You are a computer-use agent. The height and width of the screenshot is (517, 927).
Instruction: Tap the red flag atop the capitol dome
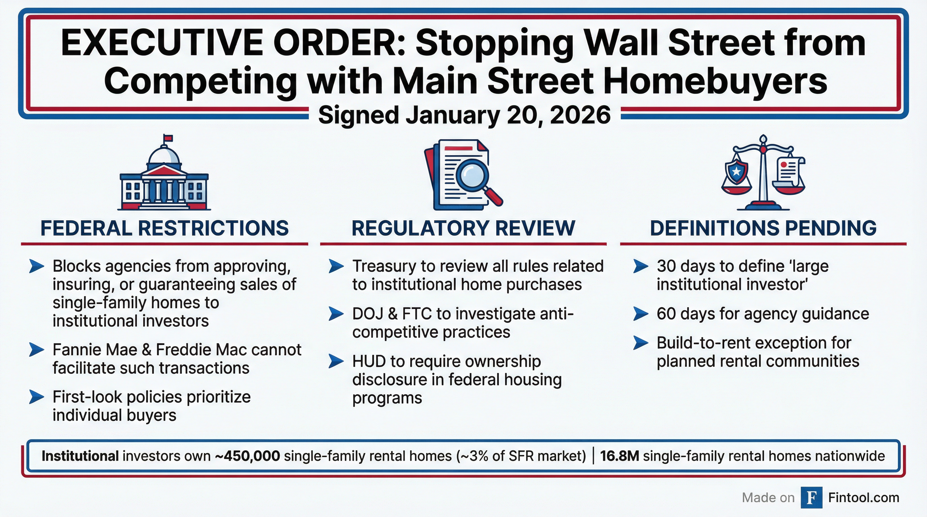click(168, 138)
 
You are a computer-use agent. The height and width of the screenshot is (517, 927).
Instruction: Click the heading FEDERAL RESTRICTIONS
click(164, 228)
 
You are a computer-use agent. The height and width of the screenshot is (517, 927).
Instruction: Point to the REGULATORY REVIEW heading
click(463, 228)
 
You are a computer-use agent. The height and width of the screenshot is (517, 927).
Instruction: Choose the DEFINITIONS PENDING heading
click(763, 228)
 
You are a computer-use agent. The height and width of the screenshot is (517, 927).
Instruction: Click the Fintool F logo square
click(811, 497)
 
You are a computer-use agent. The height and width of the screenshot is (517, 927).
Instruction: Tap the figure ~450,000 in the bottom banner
click(247, 456)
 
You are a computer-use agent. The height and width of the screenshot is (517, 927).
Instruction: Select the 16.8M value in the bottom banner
click(619, 456)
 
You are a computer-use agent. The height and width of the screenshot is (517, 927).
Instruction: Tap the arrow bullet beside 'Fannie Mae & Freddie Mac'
click(36, 349)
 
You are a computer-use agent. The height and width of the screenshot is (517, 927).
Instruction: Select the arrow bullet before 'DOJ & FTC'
click(336, 314)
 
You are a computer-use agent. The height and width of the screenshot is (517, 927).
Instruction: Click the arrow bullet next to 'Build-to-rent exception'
click(641, 343)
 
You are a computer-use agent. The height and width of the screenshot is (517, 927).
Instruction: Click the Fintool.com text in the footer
click(864, 497)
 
